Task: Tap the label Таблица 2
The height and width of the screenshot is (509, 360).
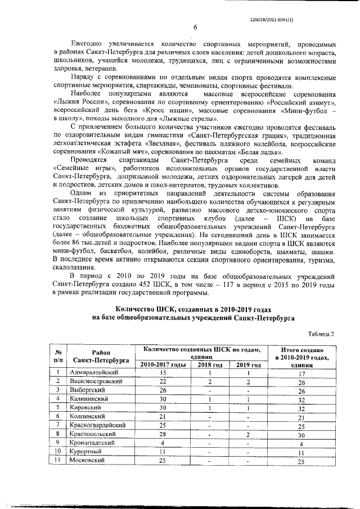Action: click(321, 334)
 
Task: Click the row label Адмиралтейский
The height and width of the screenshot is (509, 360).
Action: click(93, 373)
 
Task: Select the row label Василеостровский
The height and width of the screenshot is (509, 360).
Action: click(96, 381)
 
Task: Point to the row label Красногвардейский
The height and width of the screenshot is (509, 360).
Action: click(97, 426)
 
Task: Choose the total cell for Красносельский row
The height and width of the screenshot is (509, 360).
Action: click(301, 435)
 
